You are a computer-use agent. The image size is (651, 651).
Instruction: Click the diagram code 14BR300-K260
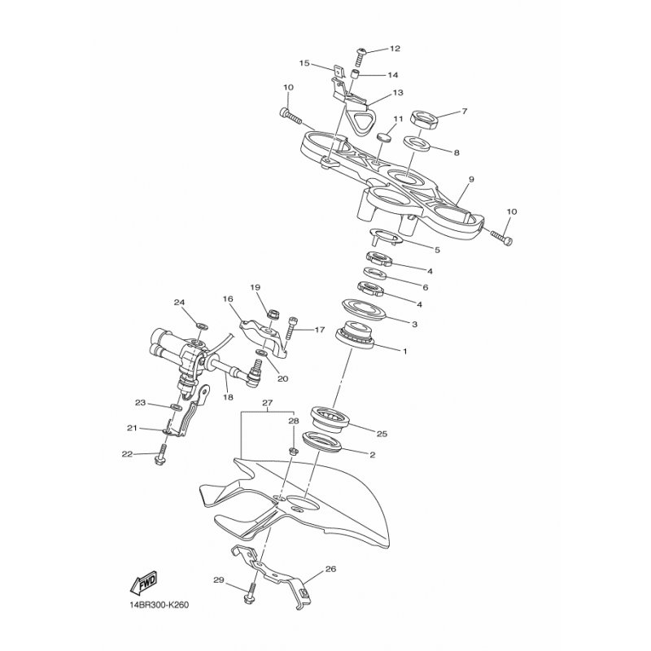click(x=159, y=605)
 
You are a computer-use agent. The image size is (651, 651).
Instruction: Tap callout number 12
click(x=395, y=49)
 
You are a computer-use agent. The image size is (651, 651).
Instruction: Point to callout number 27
click(x=268, y=403)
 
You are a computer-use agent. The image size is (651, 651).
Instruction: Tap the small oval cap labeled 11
click(x=384, y=137)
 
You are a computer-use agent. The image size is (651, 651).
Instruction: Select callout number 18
click(x=228, y=397)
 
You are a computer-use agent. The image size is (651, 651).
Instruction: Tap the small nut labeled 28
click(x=293, y=451)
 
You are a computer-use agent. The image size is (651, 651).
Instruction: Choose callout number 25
click(x=382, y=434)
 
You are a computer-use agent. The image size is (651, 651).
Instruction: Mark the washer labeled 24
click(x=200, y=325)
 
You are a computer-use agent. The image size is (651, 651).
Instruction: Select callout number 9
click(x=471, y=180)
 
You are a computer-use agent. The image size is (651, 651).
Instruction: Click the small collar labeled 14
click(x=354, y=75)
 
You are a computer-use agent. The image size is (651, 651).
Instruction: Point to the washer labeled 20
click(x=261, y=353)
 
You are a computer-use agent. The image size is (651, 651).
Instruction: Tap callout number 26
click(x=330, y=569)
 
